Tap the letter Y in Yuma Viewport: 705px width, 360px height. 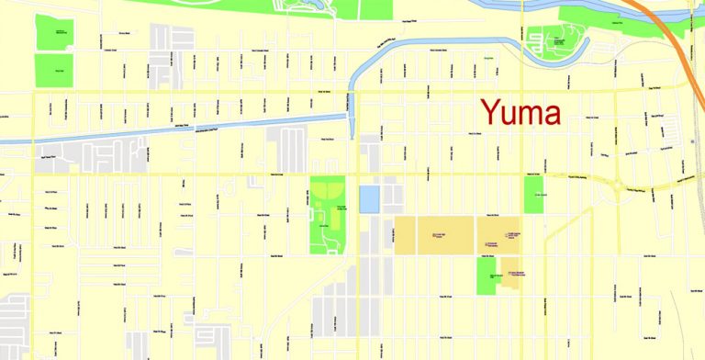pyautogui.click(x=491, y=113)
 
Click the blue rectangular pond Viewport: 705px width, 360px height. pyautogui.click(x=369, y=198)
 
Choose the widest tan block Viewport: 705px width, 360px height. pyautogui.click(x=433, y=235)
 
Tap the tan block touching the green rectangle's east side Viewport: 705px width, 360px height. pyautogui.click(x=508, y=277)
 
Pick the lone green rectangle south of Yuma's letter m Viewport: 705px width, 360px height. pyautogui.click(x=533, y=194)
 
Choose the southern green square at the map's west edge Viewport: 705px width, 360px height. pyautogui.click(x=53, y=70)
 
